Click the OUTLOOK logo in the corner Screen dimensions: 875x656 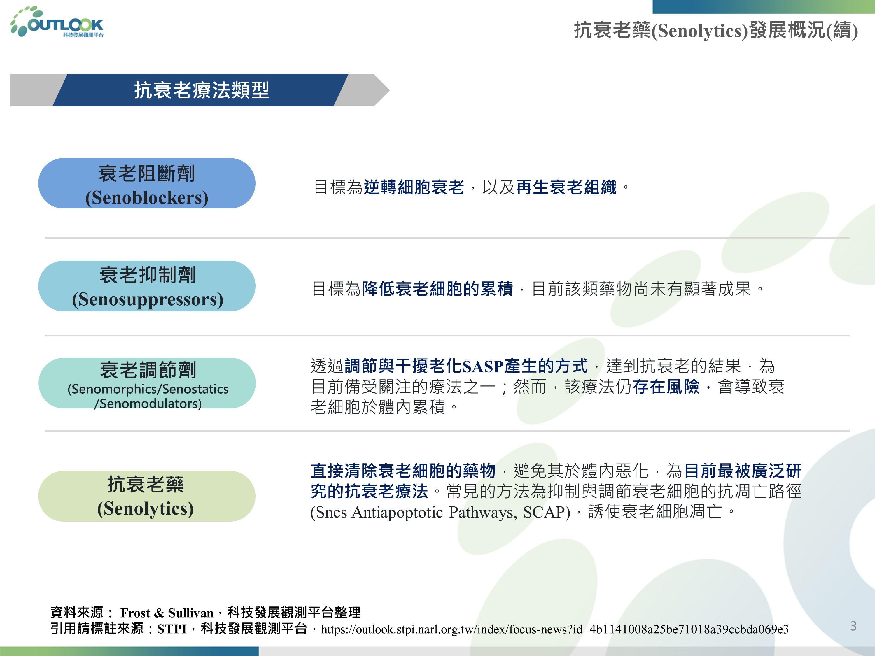pos(58,22)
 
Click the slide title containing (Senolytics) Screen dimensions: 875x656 pos(716,30)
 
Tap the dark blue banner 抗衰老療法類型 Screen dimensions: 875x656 pos(201,90)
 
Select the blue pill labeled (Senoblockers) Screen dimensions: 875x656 pos(147,183)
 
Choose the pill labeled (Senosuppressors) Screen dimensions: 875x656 pos(147,286)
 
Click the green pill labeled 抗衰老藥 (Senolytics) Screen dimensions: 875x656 pos(147,496)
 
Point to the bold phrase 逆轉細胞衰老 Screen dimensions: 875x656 pos(414,187)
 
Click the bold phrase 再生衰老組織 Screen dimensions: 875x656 pos(566,187)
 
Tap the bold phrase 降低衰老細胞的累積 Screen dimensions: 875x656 pos(437,289)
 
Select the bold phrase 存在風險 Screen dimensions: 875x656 pos(666,387)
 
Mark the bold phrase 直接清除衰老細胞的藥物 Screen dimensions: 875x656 pos(403,471)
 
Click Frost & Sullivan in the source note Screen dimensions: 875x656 pos(167,613)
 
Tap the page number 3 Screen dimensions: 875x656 pos(853,626)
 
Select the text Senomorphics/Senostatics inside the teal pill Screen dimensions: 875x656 pos(148,389)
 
